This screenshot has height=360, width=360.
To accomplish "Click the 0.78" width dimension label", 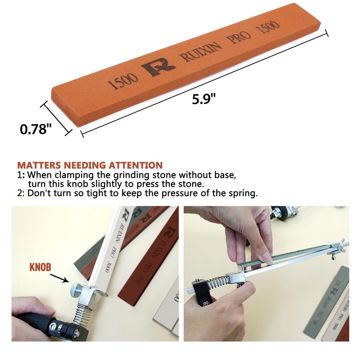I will (34, 129).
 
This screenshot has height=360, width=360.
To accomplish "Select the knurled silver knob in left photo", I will (75, 288).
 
